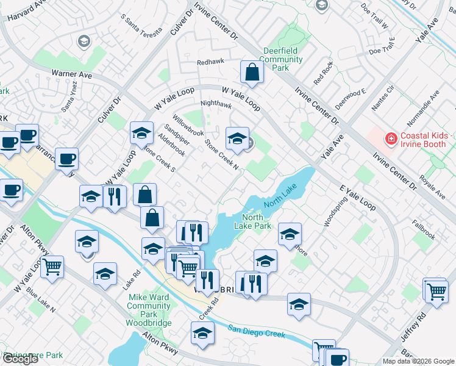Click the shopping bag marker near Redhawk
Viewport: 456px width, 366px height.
coord(251,73)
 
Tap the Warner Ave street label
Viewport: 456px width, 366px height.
coord(71,74)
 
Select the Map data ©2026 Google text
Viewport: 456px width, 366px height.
coord(418,361)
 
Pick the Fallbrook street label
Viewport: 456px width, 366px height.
coord(423,229)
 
